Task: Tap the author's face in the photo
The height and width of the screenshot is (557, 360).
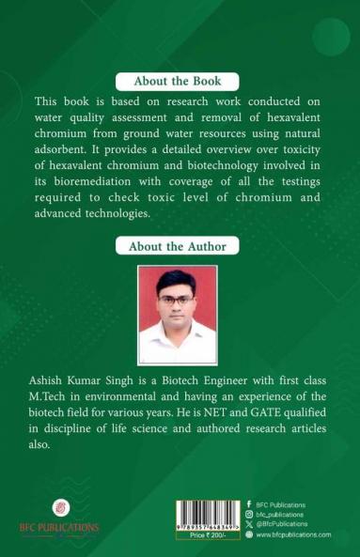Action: pyautogui.click(x=178, y=298)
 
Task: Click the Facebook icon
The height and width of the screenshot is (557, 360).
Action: pyautogui.click(x=248, y=504)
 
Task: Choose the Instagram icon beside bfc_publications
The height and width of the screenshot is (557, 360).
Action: pyautogui.click(x=248, y=515)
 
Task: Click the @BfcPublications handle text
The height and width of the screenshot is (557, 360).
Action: pyautogui.click(x=283, y=524)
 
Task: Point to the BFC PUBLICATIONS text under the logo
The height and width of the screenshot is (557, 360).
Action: pyautogui.click(x=61, y=528)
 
